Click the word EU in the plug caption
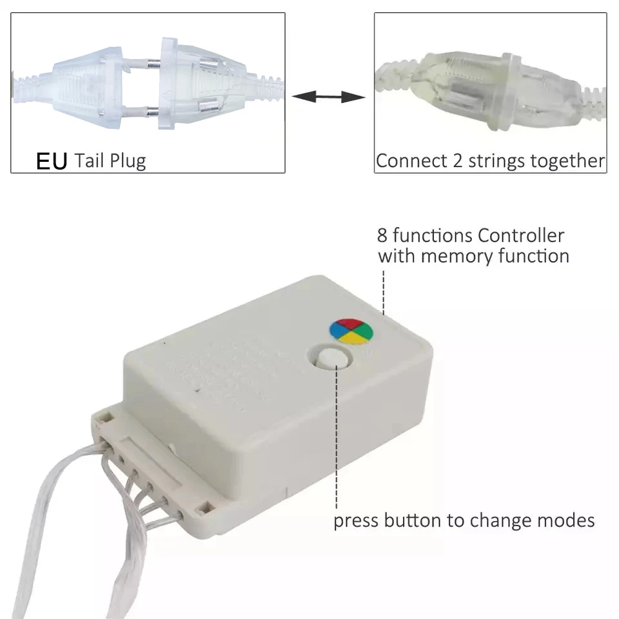click(x=52, y=161)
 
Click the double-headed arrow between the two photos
click(x=329, y=97)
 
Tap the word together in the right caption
click(x=571, y=161)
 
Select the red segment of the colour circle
click(x=351, y=324)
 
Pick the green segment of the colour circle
click(x=364, y=332)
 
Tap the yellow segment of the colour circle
click(x=352, y=339)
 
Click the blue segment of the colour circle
click(x=339, y=332)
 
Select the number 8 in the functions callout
click(x=382, y=235)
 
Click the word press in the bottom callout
click(x=356, y=520)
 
